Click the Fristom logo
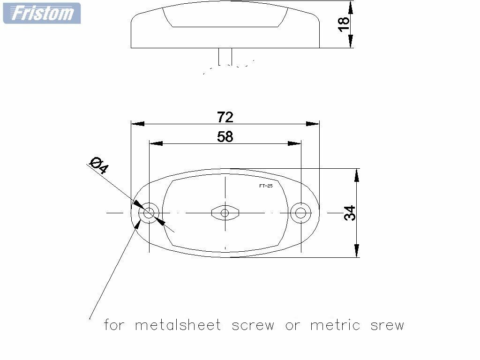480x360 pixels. [x=42, y=13]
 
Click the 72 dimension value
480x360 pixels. [x=225, y=117]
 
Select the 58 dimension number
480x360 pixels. [x=225, y=136]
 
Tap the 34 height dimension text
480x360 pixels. [x=350, y=213]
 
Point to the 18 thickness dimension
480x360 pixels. [x=344, y=24]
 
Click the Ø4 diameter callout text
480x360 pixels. [x=98, y=165]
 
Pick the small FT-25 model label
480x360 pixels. [x=266, y=186]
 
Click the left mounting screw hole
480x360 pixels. [x=149, y=213]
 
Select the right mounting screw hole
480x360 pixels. [x=300, y=213]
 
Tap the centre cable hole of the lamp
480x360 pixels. [x=225, y=213]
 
